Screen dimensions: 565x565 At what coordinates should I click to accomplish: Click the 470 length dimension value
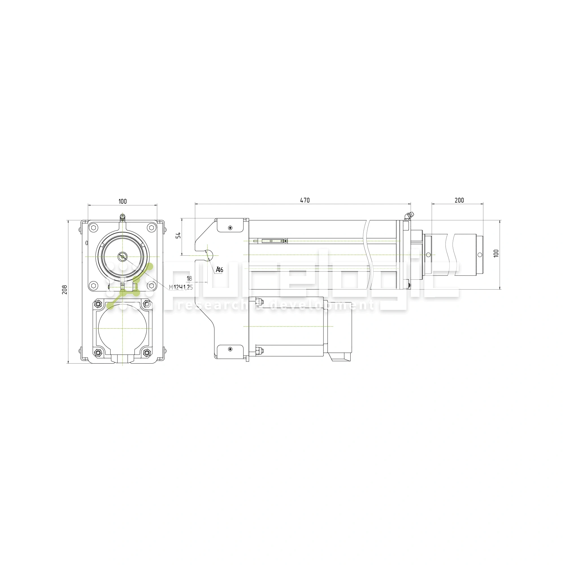click(x=305, y=200)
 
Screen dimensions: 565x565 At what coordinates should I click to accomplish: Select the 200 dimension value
click(x=459, y=200)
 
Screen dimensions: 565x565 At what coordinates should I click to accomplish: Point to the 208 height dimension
click(x=65, y=290)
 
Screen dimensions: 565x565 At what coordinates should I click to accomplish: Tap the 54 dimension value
click(x=178, y=235)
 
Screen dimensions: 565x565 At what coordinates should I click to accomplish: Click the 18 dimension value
click(x=189, y=279)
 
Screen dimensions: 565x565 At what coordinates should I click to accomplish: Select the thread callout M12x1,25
click(x=181, y=287)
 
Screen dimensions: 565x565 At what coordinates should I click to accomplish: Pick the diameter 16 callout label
click(x=220, y=270)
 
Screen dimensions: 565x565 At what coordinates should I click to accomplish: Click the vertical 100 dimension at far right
click(x=496, y=253)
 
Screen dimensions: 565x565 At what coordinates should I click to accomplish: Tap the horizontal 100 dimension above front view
click(x=123, y=201)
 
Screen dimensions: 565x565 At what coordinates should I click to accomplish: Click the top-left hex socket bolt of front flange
click(x=94, y=227)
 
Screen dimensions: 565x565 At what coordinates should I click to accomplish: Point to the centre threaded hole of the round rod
click(x=123, y=257)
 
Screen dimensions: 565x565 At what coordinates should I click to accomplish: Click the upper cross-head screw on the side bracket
click(x=230, y=228)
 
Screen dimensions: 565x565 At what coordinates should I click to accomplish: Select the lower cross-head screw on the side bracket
click(x=230, y=349)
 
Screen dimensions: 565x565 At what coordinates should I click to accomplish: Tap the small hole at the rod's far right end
click(x=480, y=255)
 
